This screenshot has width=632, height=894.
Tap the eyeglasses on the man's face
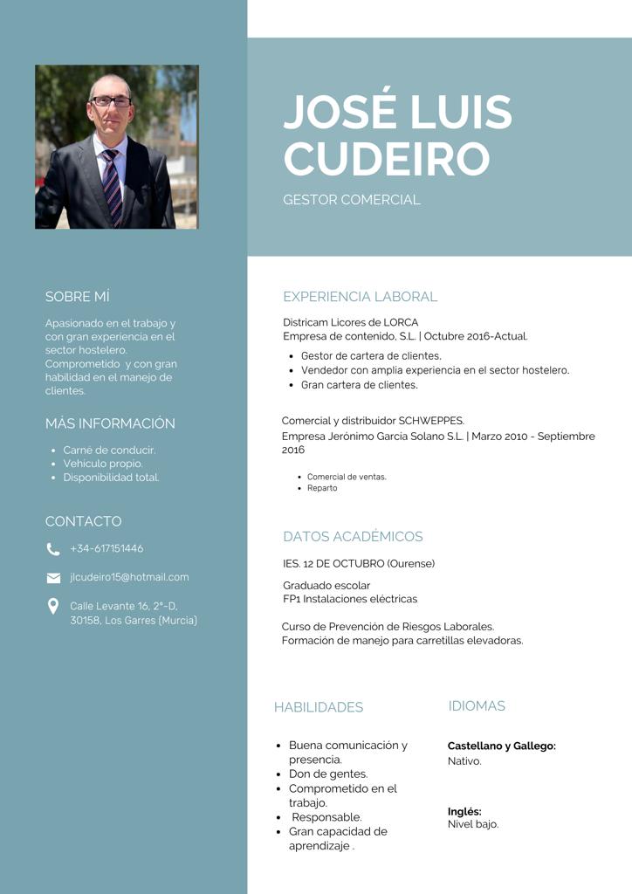(111, 101)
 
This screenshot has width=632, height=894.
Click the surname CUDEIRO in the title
(386, 158)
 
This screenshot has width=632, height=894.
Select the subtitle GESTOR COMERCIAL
(351, 200)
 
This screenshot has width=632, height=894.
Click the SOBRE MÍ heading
(77, 297)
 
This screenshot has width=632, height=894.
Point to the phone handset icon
(53, 549)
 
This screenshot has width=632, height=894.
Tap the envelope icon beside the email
(53, 578)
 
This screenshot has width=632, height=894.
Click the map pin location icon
(53, 606)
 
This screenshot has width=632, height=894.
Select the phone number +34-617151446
(106, 549)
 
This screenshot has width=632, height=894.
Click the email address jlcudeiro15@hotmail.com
(129, 577)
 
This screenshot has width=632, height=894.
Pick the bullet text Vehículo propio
(103, 464)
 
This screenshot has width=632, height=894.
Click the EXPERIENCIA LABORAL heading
(360, 297)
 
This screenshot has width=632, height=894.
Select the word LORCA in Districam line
(401, 322)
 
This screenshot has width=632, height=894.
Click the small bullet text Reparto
(322, 488)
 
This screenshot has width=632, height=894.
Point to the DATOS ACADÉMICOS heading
(353, 537)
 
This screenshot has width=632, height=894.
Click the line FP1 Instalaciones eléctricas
(350, 599)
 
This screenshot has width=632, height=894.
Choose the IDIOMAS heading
(477, 705)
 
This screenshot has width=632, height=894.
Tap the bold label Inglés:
(464, 811)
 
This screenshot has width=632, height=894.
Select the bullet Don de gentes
(328, 774)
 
